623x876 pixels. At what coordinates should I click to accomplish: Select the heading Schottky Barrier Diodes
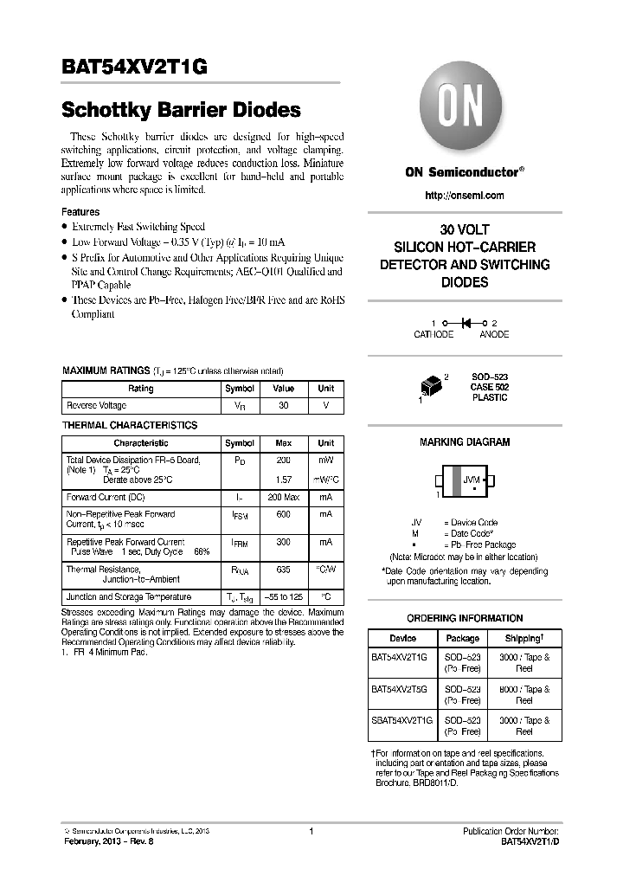coord(181,111)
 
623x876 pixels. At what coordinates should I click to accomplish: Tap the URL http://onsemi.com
coord(465,196)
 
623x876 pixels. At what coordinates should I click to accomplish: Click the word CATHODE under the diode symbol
coord(434,334)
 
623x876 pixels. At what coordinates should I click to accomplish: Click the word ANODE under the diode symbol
coord(494,334)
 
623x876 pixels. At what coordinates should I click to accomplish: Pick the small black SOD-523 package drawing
coord(432,386)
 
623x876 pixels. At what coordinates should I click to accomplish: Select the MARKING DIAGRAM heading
coord(465,442)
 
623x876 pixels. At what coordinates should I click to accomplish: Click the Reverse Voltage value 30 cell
coord(283,405)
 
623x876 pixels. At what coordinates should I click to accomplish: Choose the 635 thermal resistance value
coord(283,570)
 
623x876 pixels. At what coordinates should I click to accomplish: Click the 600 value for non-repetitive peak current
coord(283,514)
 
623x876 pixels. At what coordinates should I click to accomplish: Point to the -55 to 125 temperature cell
coord(283,597)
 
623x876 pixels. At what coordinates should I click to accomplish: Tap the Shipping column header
coord(524,638)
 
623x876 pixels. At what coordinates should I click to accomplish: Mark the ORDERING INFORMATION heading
coord(465,618)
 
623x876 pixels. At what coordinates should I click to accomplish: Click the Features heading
coord(80,212)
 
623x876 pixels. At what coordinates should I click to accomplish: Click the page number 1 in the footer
coord(311,831)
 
